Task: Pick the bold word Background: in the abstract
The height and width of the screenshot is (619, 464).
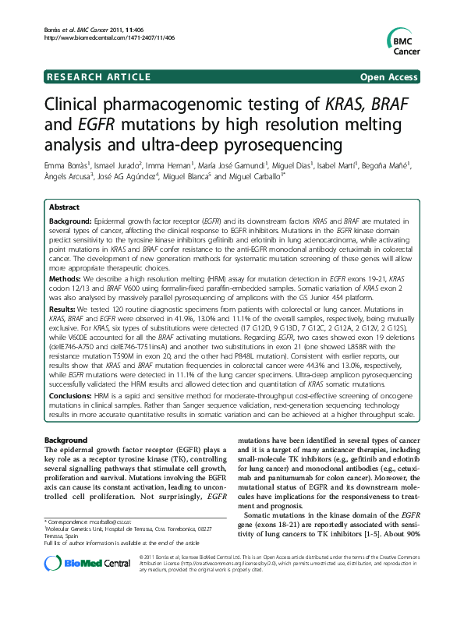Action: click(x=71, y=222)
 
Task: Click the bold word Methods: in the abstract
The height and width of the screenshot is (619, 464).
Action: click(x=66, y=276)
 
